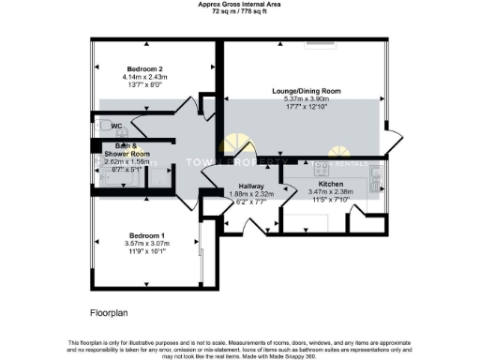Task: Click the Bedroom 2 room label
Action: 146,68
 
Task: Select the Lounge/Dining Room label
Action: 306,90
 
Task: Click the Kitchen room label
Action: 330,184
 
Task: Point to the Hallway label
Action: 250,186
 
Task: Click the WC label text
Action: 117,126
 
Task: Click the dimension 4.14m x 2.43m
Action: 146,77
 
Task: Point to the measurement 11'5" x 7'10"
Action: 330,201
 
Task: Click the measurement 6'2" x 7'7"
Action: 250,202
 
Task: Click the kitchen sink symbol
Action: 376,174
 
